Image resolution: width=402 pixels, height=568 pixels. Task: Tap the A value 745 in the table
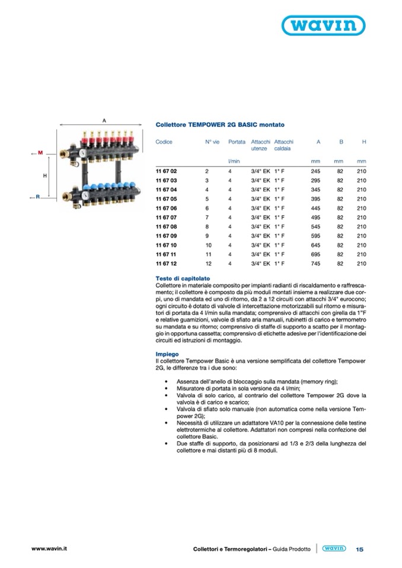(x=315, y=262)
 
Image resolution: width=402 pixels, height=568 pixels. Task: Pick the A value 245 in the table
(x=315, y=171)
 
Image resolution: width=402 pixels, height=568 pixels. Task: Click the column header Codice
(x=164, y=142)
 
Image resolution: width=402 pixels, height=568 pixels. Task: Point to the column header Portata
(x=237, y=142)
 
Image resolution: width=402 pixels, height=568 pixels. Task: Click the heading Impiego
(x=167, y=354)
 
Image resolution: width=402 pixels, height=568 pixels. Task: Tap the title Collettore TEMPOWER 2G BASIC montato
(x=212, y=125)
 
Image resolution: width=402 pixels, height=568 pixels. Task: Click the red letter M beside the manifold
(x=39, y=153)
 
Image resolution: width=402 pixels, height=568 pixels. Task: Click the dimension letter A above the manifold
(x=104, y=120)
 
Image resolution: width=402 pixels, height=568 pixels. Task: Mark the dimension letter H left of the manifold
(x=44, y=176)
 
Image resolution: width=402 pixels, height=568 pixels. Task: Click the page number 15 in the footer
(x=359, y=549)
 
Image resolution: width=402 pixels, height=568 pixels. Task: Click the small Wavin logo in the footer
(x=333, y=548)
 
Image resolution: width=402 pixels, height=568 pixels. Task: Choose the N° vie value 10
(x=209, y=244)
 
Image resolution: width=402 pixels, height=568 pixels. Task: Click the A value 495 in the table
(x=315, y=217)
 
